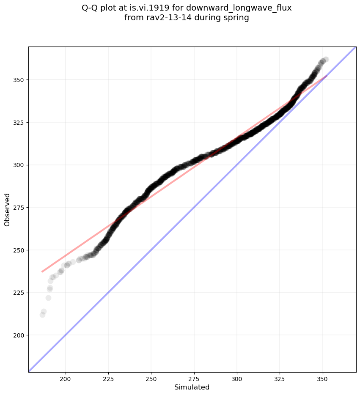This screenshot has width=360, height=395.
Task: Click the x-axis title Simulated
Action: click(x=192, y=387)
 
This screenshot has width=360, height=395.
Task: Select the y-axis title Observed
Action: click(x=7, y=209)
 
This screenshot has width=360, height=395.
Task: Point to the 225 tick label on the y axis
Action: click(x=19, y=293)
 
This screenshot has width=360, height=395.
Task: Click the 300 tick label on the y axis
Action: click(x=19, y=165)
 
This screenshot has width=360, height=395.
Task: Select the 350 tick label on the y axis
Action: click(x=19, y=80)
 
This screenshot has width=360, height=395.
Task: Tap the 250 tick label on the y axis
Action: click(x=19, y=250)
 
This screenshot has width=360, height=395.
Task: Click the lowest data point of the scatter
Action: click(x=42, y=315)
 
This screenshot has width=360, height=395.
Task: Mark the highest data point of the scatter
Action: click(x=325, y=60)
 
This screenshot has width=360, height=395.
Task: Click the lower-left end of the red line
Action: click(x=42, y=272)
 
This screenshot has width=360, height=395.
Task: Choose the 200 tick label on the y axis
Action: click(x=19, y=335)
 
